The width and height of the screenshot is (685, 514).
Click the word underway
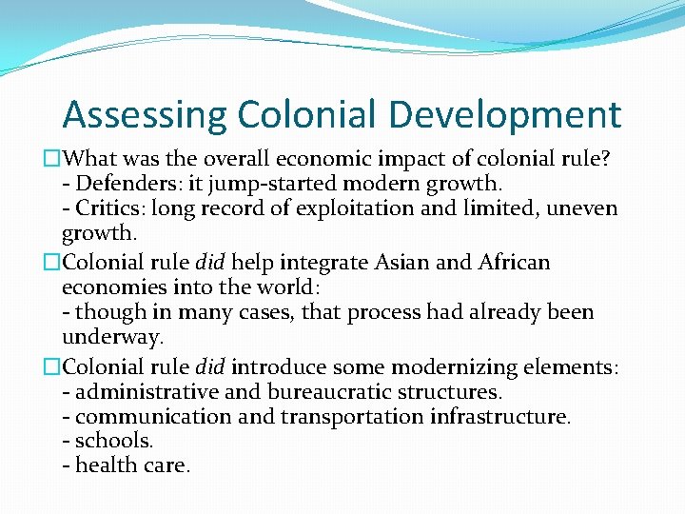click(x=112, y=337)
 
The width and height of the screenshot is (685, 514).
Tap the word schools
click(x=113, y=441)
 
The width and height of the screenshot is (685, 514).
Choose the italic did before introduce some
click(x=211, y=366)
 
